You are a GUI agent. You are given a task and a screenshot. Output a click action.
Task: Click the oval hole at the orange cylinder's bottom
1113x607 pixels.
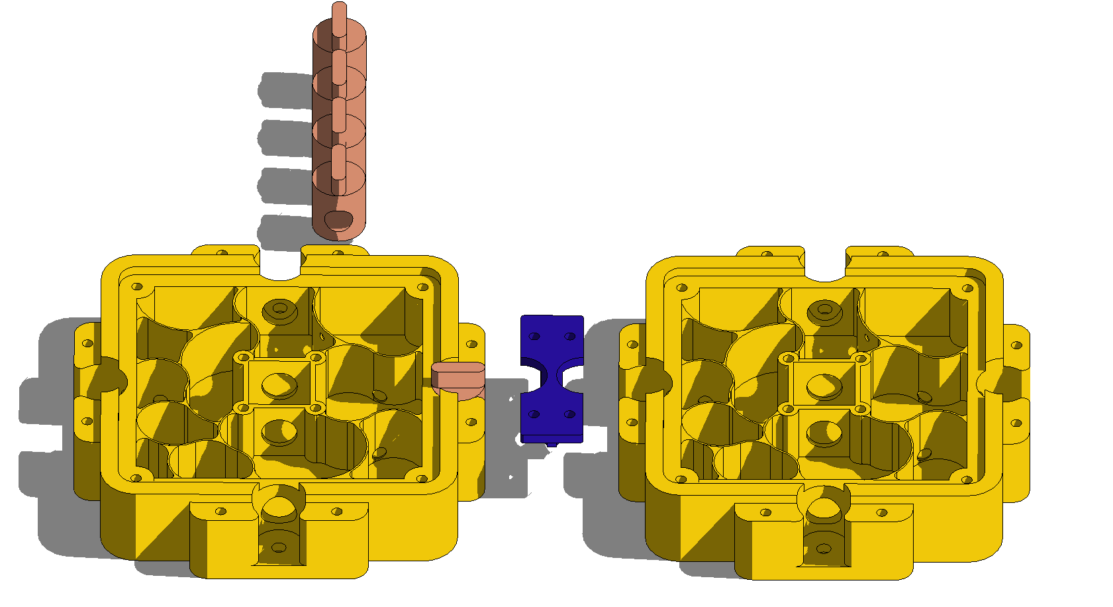click(x=340, y=220)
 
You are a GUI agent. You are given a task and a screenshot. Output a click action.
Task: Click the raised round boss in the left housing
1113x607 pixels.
click(x=279, y=309)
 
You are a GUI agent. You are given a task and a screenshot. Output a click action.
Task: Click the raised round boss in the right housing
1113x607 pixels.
click(x=824, y=309)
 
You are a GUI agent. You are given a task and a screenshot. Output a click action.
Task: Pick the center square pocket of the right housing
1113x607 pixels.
click(x=824, y=384)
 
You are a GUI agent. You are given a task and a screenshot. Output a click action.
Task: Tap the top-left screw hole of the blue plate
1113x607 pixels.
click(x=535, y=337)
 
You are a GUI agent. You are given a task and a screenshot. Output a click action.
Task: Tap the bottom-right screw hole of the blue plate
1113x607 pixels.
click(x=569, y=415)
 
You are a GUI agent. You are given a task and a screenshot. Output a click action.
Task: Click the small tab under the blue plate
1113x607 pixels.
click(x=552, y=443)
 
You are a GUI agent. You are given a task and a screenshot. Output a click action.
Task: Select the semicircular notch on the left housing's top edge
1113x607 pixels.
click(x=281, y=268)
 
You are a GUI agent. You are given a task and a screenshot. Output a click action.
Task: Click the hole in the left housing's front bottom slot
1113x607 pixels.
click(x=279, y=547)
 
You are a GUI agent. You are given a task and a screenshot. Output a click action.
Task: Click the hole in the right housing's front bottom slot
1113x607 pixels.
click(x=824, y=549)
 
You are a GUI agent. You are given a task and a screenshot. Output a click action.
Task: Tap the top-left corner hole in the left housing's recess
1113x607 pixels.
click(x=137, y=287)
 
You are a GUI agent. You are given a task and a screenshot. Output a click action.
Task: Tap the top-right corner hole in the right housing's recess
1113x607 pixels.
click(x=967, y=288)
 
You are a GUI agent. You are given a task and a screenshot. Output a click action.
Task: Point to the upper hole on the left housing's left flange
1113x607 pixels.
click(x=87, y=344)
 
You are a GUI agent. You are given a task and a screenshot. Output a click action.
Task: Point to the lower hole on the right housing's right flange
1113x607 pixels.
click(x=1017, y=423)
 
